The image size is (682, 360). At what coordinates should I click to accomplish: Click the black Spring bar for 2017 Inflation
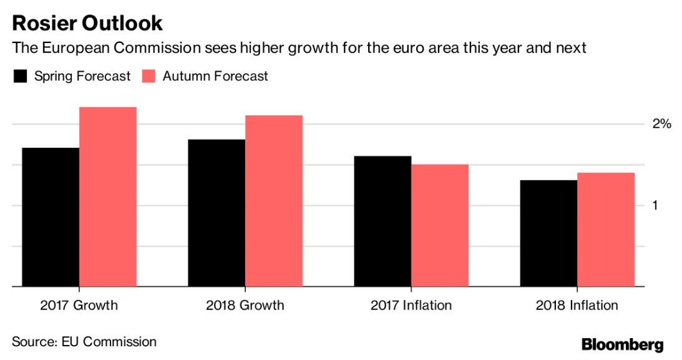point(382,221)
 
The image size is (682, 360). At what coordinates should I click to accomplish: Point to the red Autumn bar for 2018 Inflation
point(606,230)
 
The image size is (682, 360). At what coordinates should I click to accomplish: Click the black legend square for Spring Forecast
point(21,76)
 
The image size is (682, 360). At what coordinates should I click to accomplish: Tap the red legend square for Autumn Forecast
point(149,76)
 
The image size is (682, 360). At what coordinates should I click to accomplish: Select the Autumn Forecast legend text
point(215,76)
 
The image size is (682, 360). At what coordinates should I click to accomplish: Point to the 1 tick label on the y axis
point(655,205)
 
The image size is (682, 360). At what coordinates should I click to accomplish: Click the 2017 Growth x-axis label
point(79,306)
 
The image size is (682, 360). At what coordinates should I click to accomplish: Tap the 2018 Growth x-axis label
point(245,306)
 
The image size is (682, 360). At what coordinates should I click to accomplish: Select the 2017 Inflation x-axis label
point(411,306)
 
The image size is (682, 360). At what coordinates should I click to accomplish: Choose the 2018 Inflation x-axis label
point(577,306)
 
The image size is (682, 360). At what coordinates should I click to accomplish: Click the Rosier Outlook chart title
point(87,23)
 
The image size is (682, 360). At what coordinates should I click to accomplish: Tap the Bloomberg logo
point(622,344)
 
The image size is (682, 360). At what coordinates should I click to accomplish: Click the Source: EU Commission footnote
point(84,341)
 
